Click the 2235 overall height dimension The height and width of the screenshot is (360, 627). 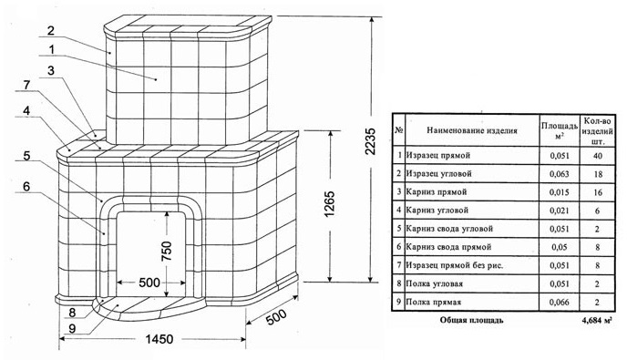(x=371, y=141)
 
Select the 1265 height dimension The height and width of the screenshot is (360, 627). (x=330, y=204)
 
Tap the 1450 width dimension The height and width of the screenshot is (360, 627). (x=159, y=339)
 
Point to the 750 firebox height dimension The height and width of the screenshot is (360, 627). (x=167, y=251)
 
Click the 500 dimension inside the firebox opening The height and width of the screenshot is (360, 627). (x=149, y=283)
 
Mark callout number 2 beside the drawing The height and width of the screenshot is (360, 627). (x=51, y=30)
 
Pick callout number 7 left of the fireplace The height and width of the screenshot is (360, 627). (x=26, y=85)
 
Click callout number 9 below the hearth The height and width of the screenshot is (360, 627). (x=72, y=328)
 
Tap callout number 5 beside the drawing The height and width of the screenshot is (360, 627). (x=26, y=156)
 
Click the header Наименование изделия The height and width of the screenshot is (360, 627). (x=472, y=130)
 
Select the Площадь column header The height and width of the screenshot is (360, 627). (x=560, y=130)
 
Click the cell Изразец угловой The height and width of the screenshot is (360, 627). (x=438, y=173)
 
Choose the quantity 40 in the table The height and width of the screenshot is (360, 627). (x=598, y=156)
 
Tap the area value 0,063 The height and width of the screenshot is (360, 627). (x=560, y=174)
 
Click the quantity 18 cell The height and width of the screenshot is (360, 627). (x=598, y=174)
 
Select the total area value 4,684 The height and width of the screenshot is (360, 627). (x=598, y=321)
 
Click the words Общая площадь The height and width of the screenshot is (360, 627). (x=471, y=321)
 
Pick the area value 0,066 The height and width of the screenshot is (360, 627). (x=560, y=302)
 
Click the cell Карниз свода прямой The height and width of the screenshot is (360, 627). (x=448, y=247)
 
